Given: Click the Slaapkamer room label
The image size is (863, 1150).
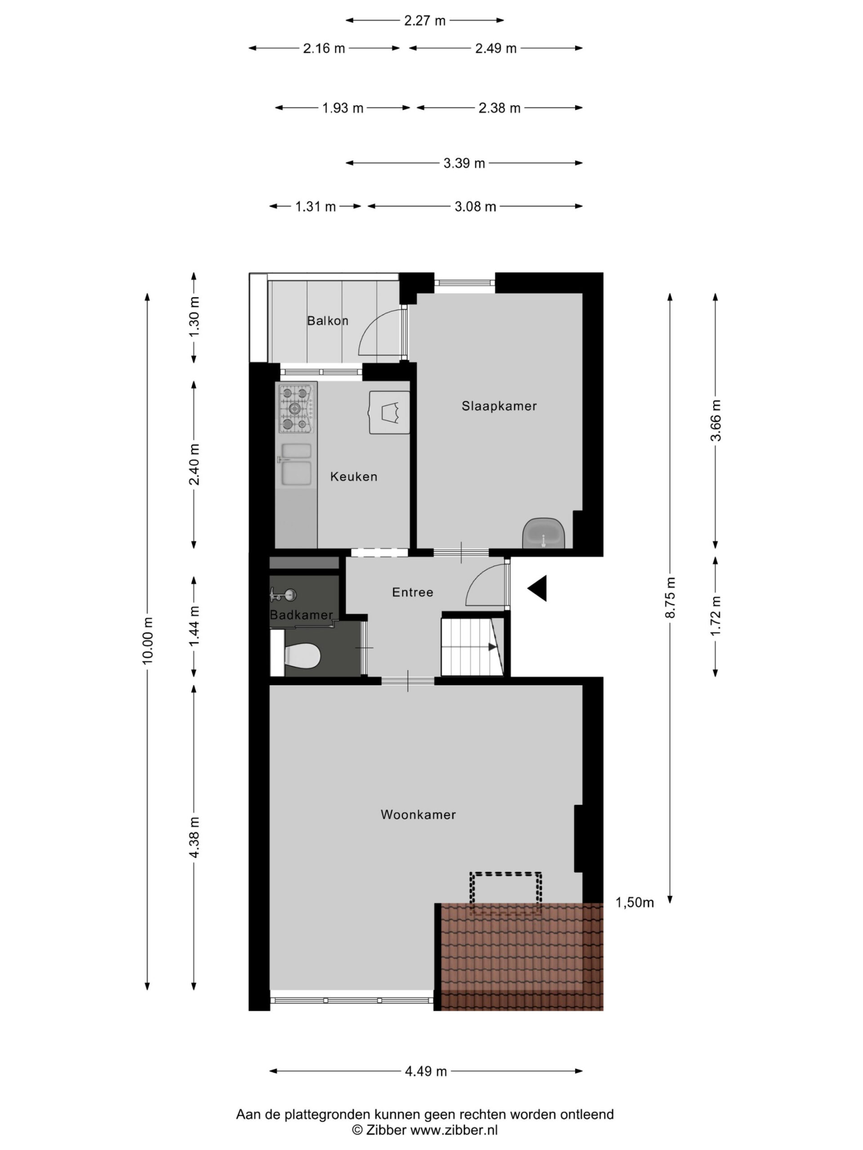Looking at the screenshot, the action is coord(499,406).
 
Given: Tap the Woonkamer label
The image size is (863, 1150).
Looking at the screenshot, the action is coord(418,815).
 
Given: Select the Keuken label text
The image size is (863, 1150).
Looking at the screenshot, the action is coord(354,477).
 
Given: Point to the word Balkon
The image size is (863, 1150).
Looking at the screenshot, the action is coord(328,321).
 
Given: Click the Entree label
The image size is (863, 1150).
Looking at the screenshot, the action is coord(413,592).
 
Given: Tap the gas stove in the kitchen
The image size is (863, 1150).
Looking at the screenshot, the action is coord(296,409).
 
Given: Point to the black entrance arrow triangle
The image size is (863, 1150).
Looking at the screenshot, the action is coord(538,588).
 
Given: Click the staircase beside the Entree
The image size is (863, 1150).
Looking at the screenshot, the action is coord(472,646).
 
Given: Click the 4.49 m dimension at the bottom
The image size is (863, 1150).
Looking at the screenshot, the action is coord(426,1071).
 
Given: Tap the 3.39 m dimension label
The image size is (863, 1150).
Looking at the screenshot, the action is coord(464,163).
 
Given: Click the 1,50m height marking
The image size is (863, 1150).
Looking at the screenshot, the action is coord(635,903).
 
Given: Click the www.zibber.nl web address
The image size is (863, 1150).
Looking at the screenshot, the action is coord(454,1129).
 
